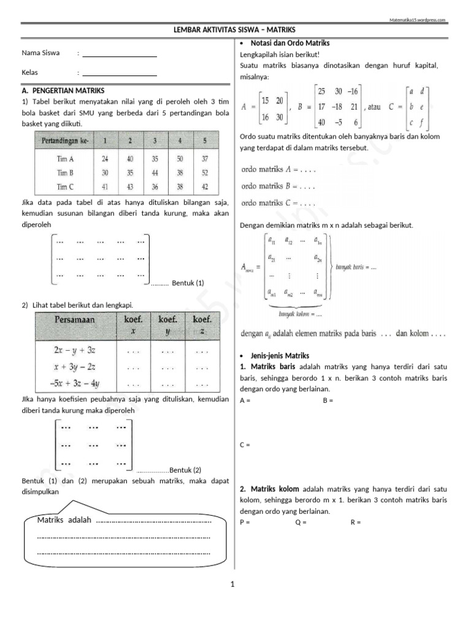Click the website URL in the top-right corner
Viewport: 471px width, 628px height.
(x=418, y=20)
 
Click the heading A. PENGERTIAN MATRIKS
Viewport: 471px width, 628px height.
(x=63, y=90)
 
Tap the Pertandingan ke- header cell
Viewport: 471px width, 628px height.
(x=65, y=141)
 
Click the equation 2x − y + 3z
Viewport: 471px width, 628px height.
(x=75, y=351)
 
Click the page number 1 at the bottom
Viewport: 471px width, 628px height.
(x=233, y=585)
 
